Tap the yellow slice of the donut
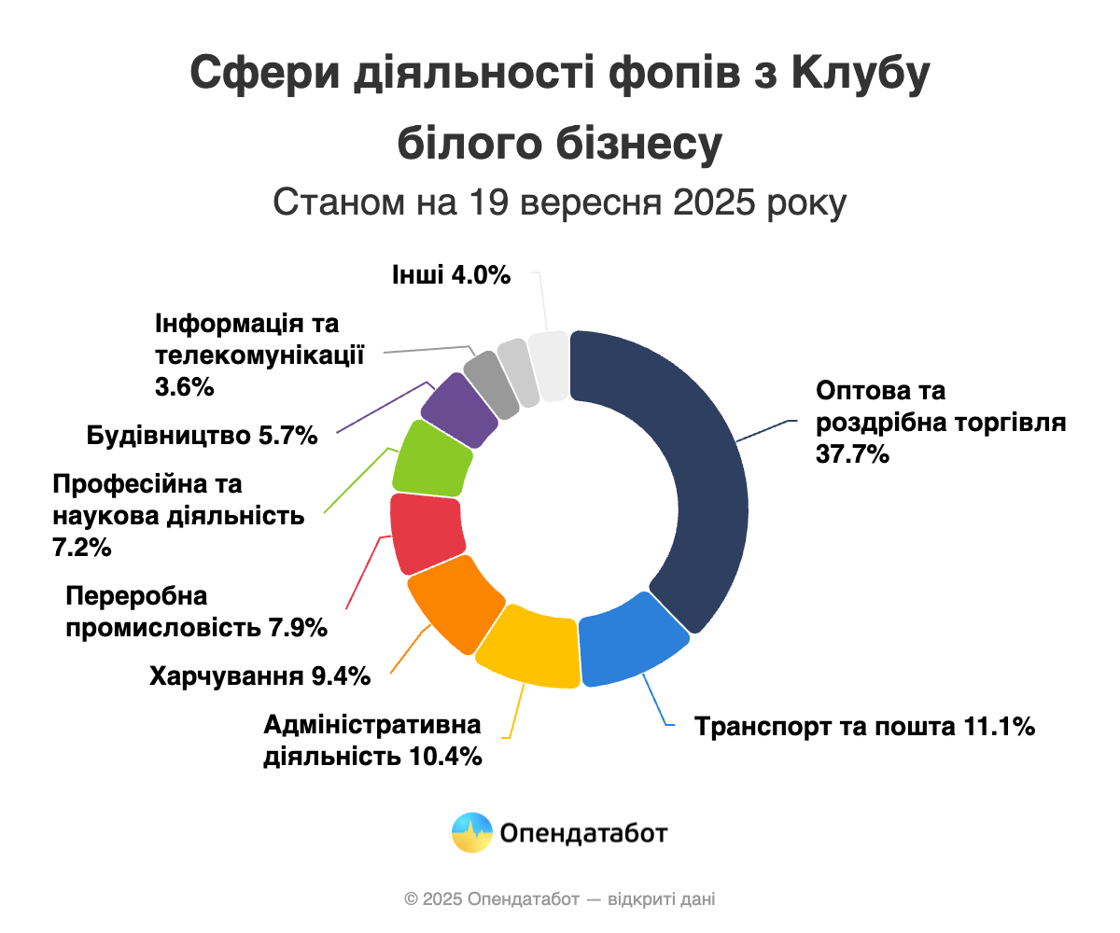(x=527, y=646)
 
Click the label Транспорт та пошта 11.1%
(x=864, y=727)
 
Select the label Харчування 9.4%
(x=260, y=676)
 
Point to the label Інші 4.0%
(x=452, y=275)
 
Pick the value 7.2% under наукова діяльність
(x=82, y=548)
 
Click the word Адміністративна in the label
(x=372, y=725)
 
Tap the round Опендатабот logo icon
(x=471, y=832)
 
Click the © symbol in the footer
(x=412, y=899)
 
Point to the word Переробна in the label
(x=136, y=596)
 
